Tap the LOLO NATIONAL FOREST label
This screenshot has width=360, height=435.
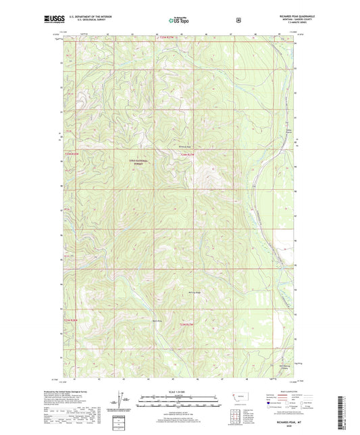pos(140,162)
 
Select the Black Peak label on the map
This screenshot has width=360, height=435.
pos(138,319)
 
